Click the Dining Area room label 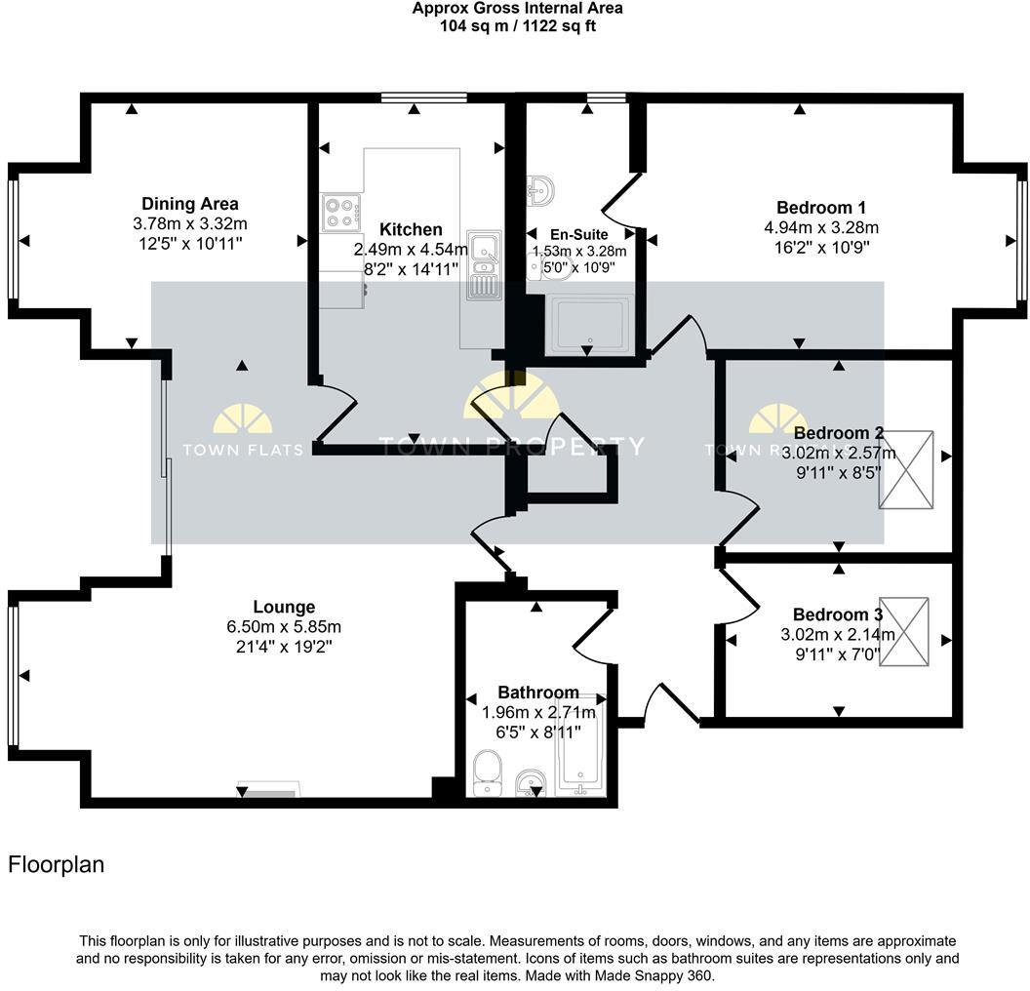pos(190,204)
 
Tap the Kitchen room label pos(411,229)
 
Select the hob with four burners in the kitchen pos(341,213)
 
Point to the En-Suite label pos(579,234)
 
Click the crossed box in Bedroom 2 pos(905,470)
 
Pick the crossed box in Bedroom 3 pos(904,632)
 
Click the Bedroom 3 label pos(837,614)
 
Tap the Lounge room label pos(284,607)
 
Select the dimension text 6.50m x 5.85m pos(284,626)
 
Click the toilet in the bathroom pos(485,774)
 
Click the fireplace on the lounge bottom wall pos(269,790)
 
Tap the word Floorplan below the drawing pos(56,864)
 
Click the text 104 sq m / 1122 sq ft pos(517,26)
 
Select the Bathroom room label pos(538,693)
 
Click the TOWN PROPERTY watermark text pos(511,447)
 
